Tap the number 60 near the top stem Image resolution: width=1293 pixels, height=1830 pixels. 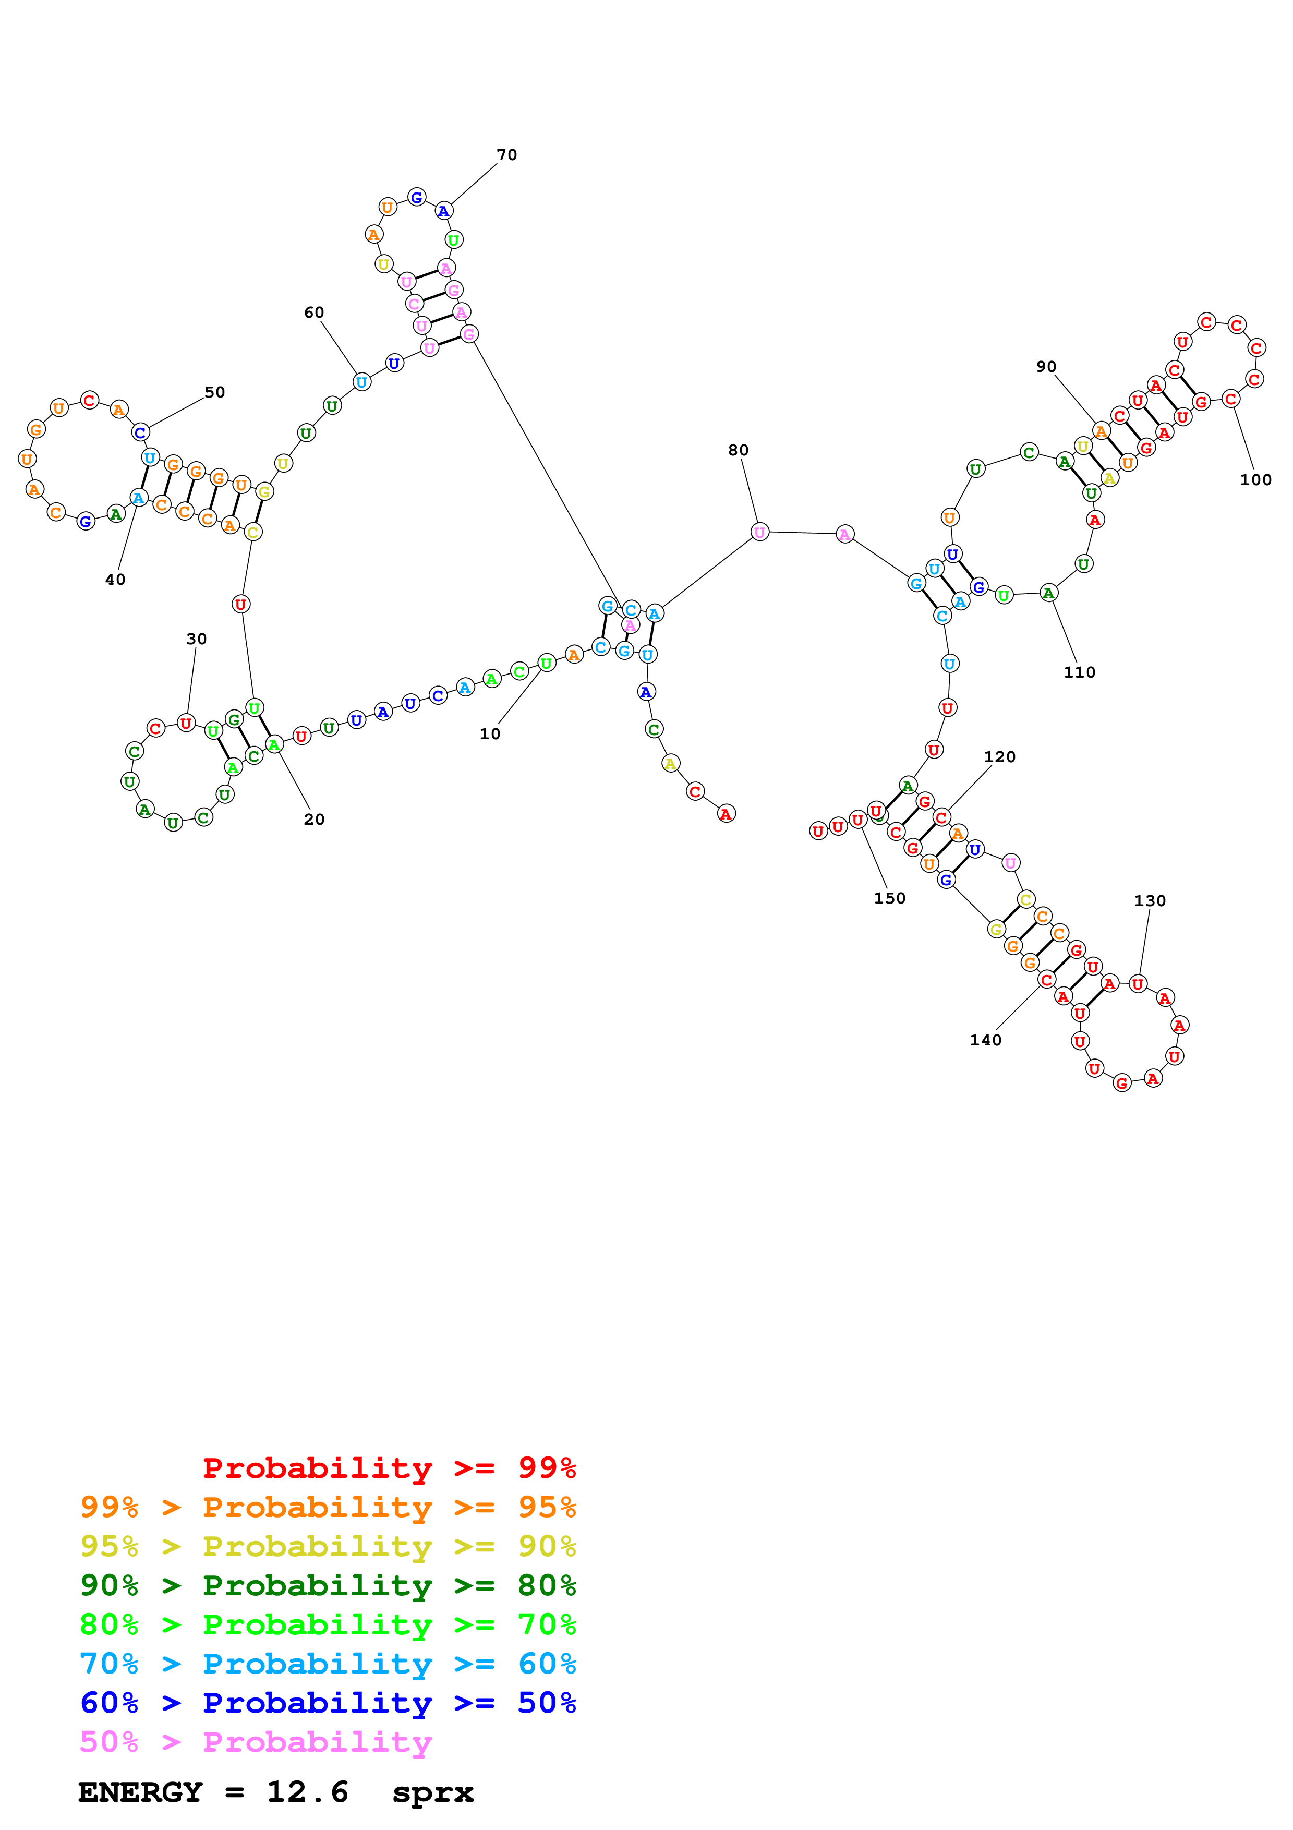314,312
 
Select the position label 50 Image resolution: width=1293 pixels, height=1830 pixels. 215,392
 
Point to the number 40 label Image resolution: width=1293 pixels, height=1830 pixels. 115,580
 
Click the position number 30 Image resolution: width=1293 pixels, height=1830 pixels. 197,639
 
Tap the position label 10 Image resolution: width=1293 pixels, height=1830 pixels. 490,733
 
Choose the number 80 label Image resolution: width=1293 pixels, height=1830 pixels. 739,450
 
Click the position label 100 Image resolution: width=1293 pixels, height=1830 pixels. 1255,480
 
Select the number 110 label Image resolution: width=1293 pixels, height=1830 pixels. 1080,672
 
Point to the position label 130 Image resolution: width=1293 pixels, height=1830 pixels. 1150,900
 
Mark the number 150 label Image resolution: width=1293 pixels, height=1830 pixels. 890,898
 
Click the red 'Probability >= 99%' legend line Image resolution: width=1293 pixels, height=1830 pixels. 389,1467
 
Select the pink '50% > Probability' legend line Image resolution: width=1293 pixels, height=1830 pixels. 256,1741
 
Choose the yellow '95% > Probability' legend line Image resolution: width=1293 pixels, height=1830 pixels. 328,1546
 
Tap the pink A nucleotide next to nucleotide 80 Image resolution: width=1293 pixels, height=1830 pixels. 844,534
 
